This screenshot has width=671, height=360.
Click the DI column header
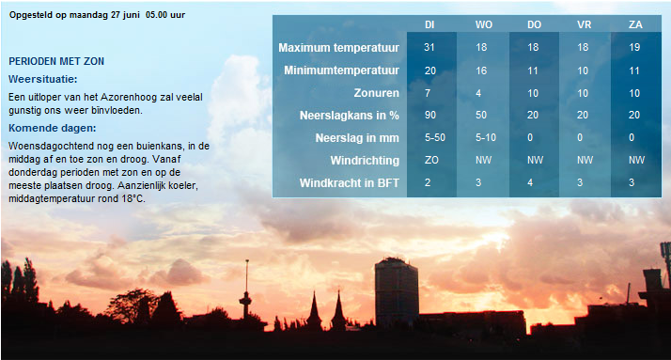429,24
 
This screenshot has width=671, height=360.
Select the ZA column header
635,24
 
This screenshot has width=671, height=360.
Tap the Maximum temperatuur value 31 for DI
429,47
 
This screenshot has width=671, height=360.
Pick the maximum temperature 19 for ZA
634,47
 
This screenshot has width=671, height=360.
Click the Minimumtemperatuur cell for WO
481,70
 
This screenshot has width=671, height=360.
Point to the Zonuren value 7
428,93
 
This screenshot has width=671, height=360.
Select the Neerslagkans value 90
430,115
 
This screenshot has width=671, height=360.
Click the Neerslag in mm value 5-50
435,137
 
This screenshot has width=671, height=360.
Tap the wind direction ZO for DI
431,160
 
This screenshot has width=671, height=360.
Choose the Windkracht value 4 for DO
530,182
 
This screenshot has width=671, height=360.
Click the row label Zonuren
376,93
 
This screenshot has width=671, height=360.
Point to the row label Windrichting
365,161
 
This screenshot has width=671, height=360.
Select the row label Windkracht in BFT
350,183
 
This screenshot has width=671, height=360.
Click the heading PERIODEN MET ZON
56,61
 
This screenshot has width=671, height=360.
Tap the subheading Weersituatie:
43,79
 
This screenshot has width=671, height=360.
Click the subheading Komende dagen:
53,128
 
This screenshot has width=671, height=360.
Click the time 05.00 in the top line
156,14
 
